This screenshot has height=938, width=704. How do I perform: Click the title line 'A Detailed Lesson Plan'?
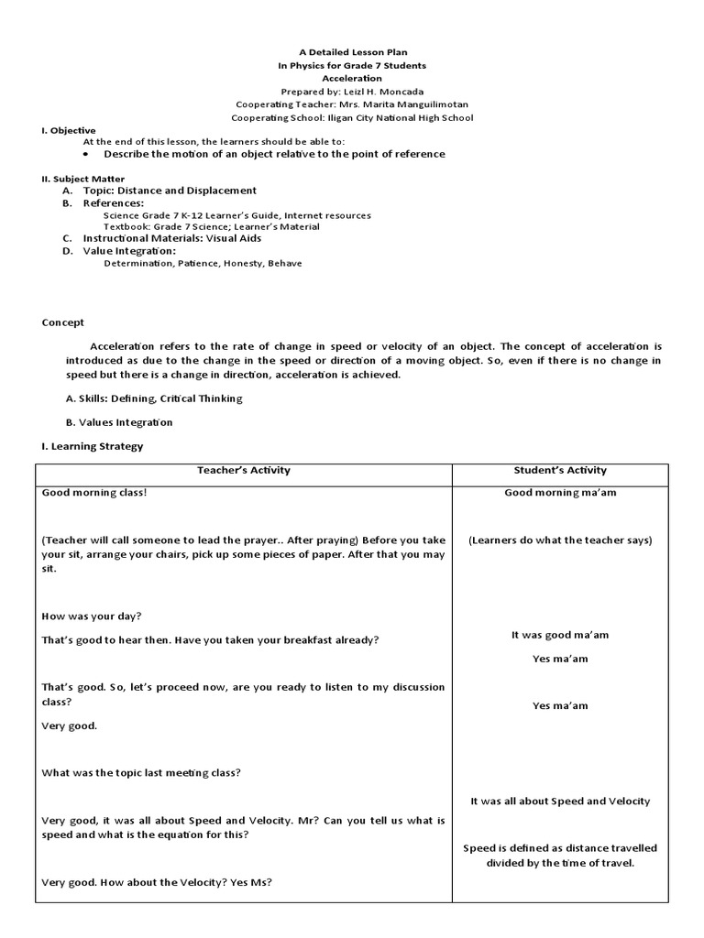coord(352,53)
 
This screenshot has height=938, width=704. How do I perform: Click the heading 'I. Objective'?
coord(69,130)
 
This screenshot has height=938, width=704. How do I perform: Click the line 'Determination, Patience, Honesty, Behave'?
coord(203,263)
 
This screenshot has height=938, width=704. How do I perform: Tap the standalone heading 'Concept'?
coord(63,322)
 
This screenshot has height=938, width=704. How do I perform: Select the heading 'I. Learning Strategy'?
coord(93,446)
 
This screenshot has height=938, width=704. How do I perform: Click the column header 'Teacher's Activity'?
coord(244,470)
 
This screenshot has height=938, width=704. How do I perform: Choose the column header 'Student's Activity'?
coord(560,470)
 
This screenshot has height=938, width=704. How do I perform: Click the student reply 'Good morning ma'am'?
coord(560,493)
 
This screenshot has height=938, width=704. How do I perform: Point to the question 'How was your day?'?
coord(92,616)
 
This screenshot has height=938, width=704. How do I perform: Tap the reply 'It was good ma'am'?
coord(560,635)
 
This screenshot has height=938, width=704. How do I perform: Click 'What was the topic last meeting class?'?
coord(141,772)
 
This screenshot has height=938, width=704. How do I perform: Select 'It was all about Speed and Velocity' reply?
coord(560,801)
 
